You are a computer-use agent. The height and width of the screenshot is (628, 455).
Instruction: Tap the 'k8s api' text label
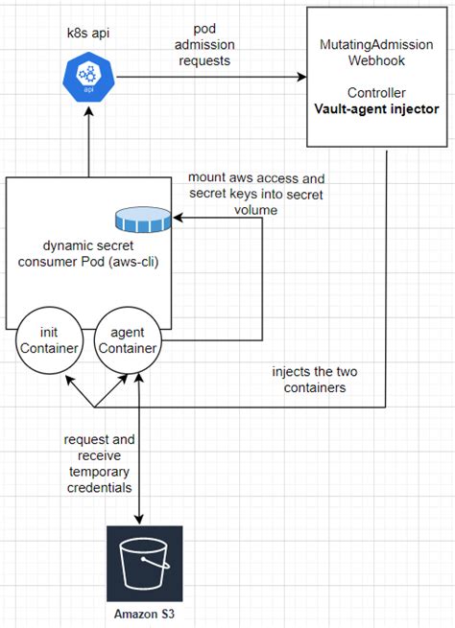(87, 33)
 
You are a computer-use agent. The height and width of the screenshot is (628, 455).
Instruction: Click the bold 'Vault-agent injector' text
(376, 108)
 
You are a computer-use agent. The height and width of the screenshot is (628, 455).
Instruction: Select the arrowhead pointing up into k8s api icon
(88, 112)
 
